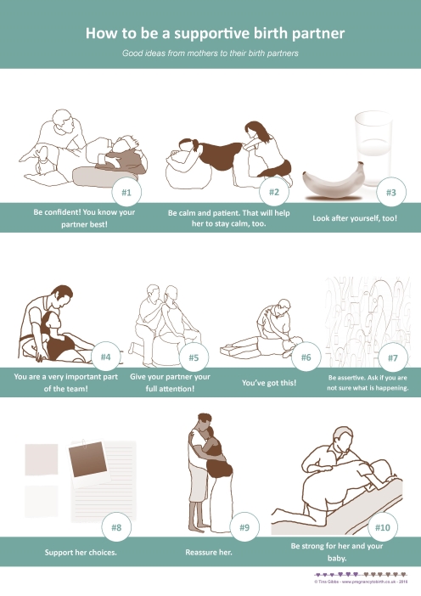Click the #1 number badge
(x=125, y=193)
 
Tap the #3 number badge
(x=390, y=193)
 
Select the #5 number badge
(x=194, y=358)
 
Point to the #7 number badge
(x=392, y=358)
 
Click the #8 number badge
(x=116, y=527)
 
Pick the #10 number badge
(x=382, y=527)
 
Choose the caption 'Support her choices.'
(x=81, y=553)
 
